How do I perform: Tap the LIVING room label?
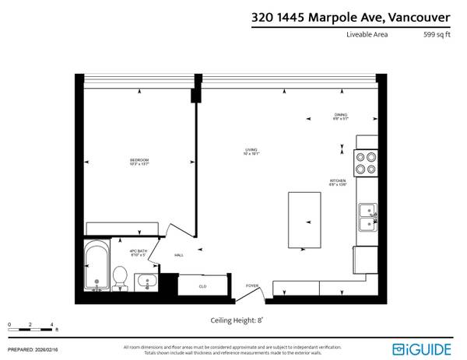tap(251, 151)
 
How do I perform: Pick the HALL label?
tap(178, 255)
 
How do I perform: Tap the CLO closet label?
tap(202, 286)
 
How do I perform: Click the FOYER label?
tap(252, 285)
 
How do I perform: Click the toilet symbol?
tap(120, 276)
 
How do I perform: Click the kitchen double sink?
tap(367, 216)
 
